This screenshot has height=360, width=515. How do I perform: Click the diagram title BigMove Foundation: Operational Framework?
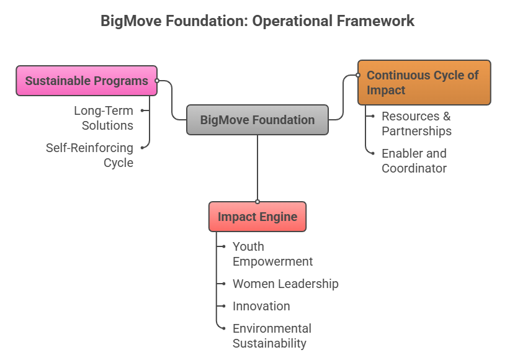[x=257, y=21]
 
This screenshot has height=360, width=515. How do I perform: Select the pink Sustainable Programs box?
[x=86, y=81]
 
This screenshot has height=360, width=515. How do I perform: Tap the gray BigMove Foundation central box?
[x=257, y=120]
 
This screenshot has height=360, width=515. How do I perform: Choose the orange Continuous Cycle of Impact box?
[x=424, y=83]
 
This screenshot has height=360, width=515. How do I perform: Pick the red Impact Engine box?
[x=257, y=217]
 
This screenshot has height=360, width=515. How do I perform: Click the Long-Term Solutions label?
[x=104, y=118]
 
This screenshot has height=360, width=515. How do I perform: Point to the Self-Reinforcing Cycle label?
[x=89, y=155]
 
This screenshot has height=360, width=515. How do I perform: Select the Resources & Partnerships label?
[x=416, y=124]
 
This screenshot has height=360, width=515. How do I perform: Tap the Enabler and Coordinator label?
[x=414, y=161]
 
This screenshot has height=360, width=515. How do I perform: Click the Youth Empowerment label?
[x=272, y=254]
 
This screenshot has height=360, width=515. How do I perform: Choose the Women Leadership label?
[x=285, y=284]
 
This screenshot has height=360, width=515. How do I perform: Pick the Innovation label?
[x=261, y=306]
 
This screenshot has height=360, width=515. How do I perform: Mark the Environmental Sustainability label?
[x=272, y=336]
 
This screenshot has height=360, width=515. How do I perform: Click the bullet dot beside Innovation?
[x=223, y=306]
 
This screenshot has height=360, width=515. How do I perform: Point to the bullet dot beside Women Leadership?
[x=223, y=284]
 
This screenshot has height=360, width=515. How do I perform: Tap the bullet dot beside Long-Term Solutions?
[x=142, y=110]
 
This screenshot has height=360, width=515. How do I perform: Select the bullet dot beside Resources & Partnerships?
[x=372, y=116]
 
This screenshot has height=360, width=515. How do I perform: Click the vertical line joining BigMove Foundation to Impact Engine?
[x=257, y=168]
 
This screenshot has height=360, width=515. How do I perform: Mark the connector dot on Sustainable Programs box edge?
[x=157, y=81]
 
